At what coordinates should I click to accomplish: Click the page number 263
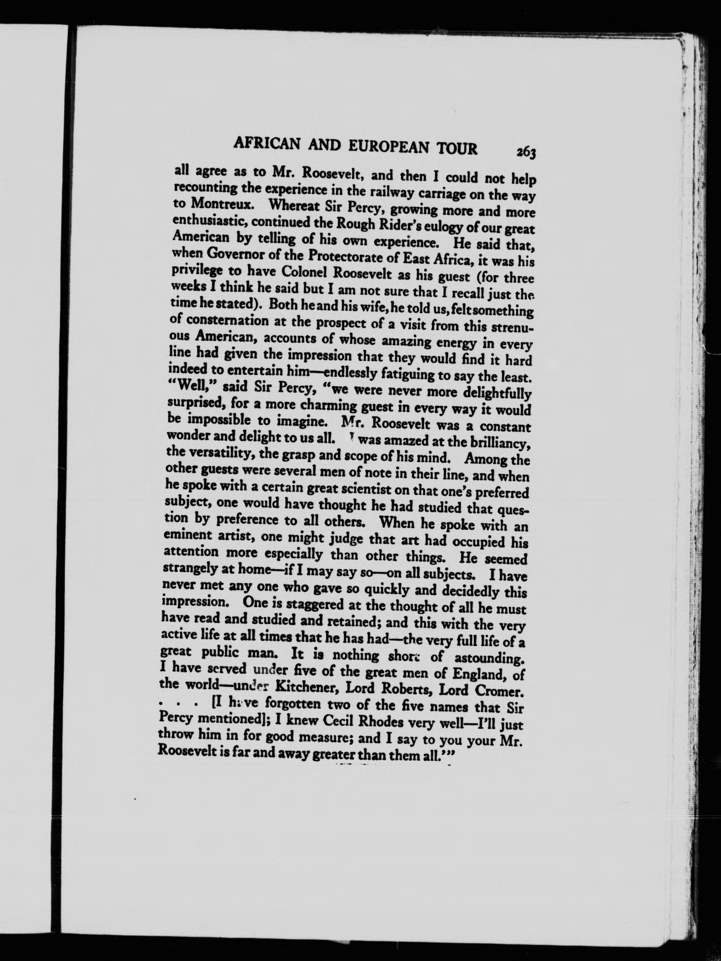coord(526,152)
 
